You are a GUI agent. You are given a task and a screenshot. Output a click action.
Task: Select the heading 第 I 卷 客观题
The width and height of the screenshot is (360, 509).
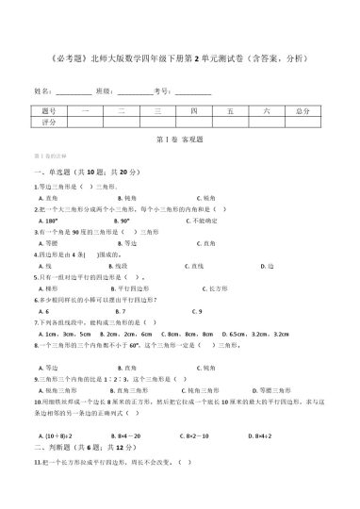click(x=179, y=139)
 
